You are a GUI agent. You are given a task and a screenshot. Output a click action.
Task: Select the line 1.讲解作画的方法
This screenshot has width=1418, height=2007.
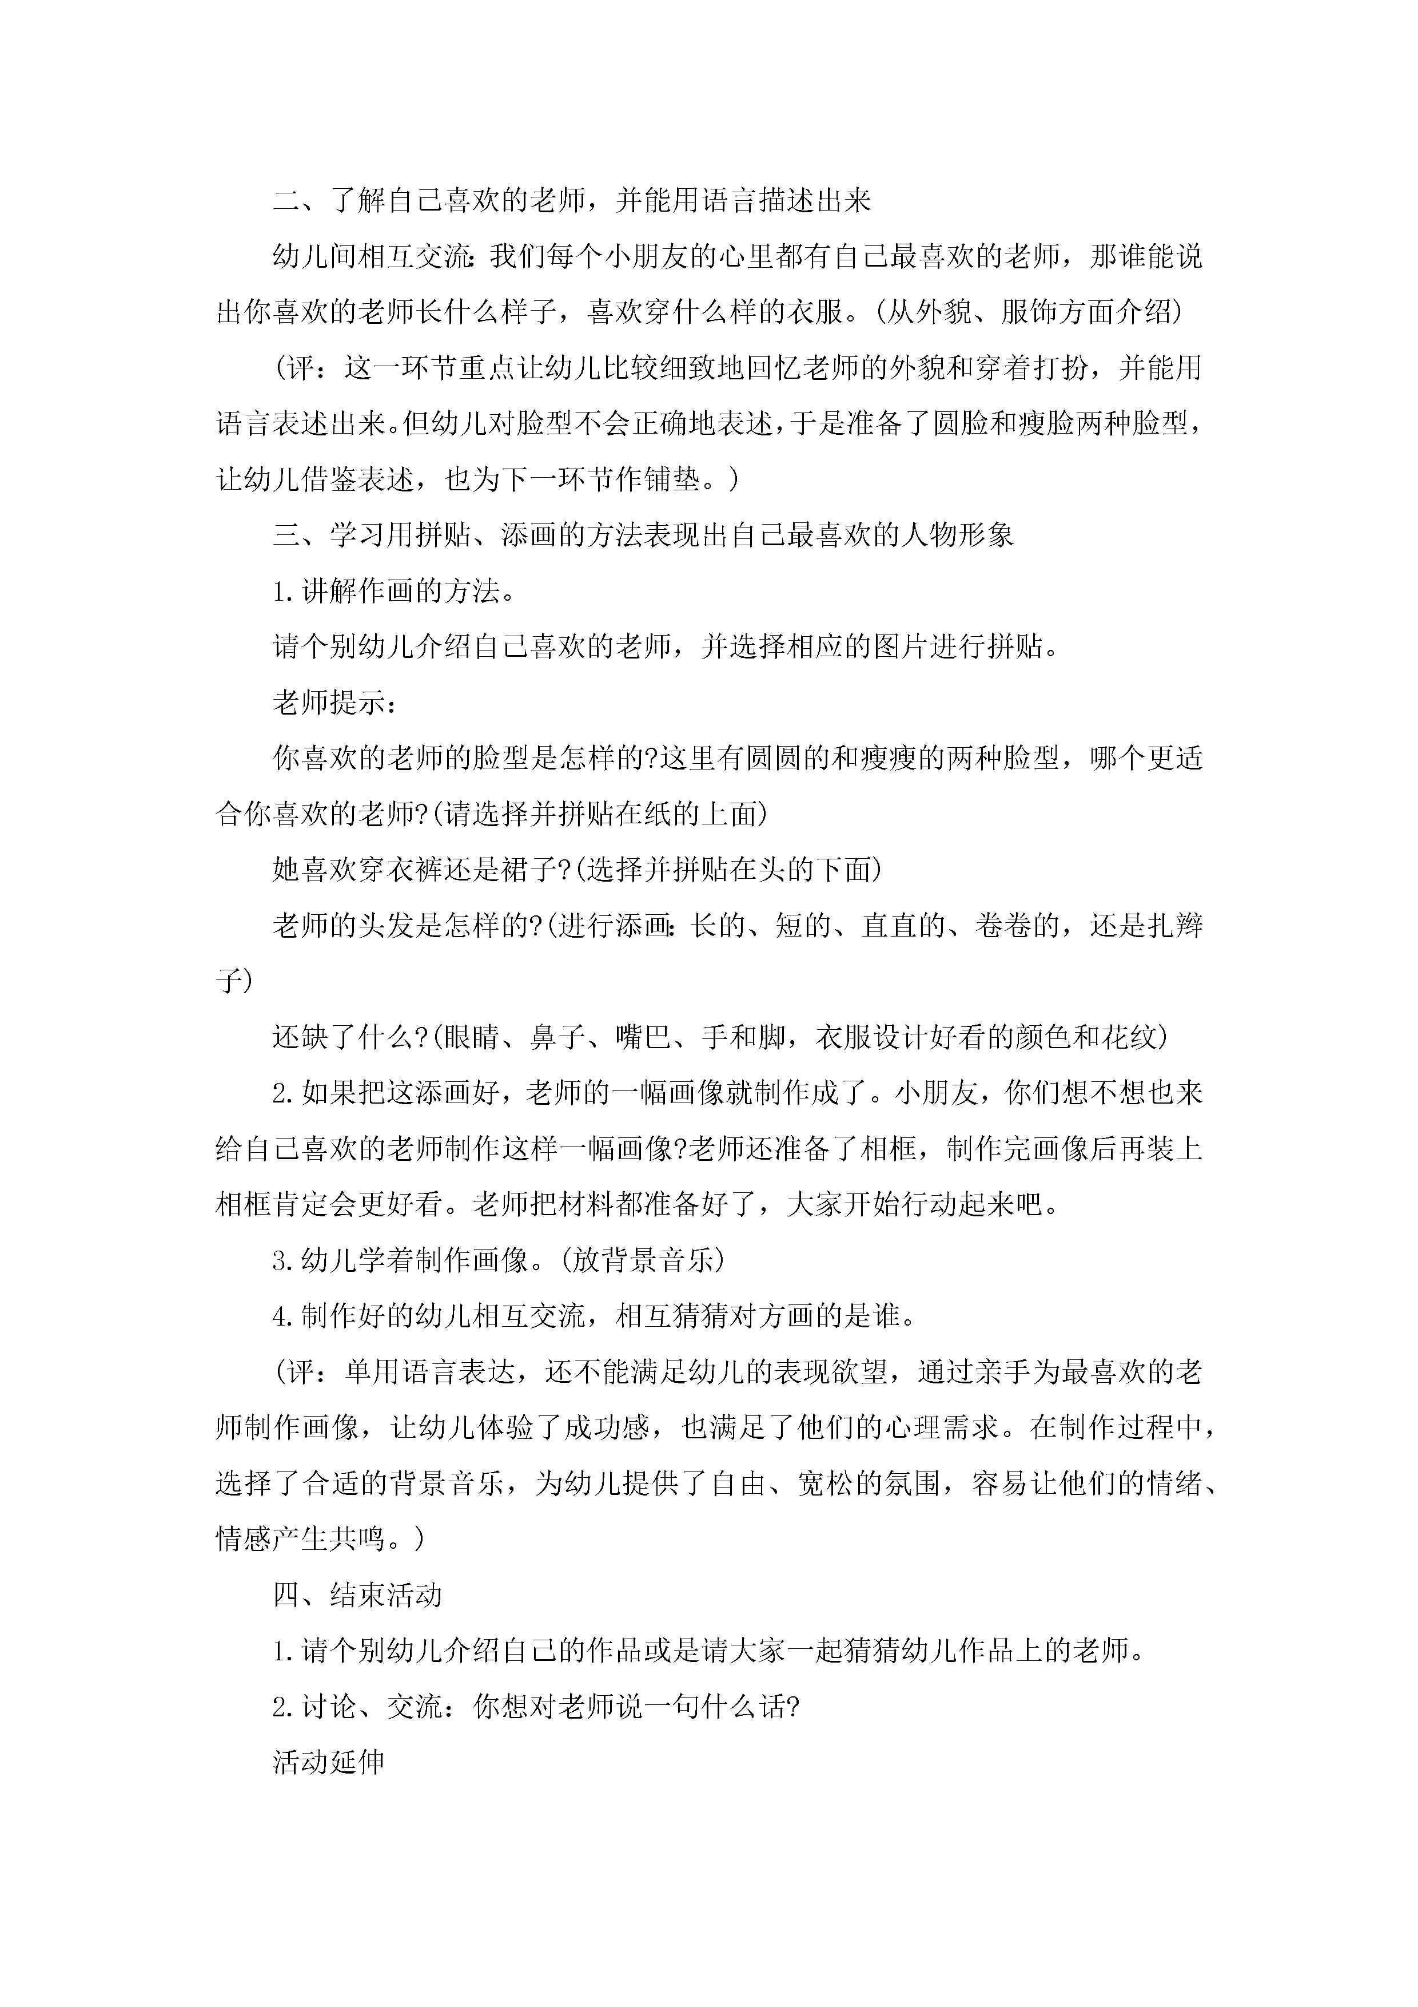[393, 591]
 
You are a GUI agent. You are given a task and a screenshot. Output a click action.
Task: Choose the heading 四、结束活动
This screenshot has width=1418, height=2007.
[357, 1595]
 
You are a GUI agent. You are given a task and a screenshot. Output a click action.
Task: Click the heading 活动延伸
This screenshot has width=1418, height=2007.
[329, 1762]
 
